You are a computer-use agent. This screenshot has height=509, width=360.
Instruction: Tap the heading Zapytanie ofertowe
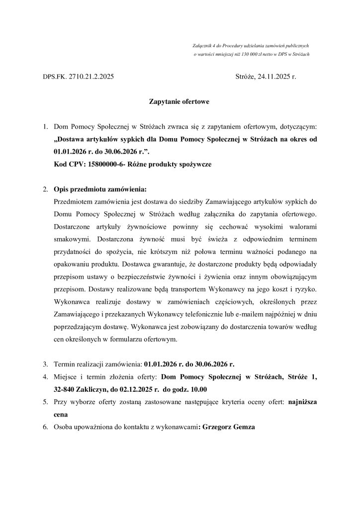click(180, 102)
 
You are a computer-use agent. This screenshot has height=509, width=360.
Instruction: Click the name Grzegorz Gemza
click(228, 427)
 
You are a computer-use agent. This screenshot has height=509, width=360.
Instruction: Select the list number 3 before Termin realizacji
click(45, 364)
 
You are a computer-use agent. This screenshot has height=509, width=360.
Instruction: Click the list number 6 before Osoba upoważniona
click(45, 427)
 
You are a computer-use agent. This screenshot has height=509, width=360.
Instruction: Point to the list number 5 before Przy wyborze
click(45, 401)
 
